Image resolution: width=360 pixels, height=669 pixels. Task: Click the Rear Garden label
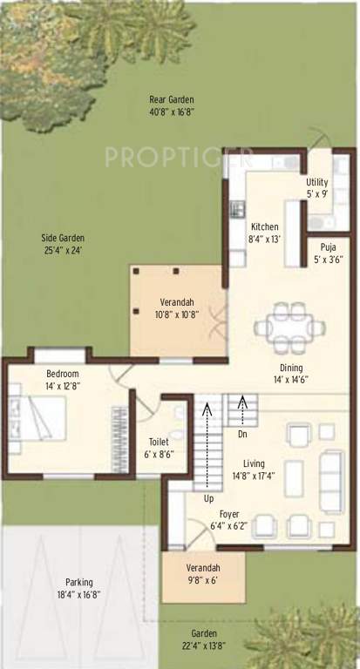pos(171,105)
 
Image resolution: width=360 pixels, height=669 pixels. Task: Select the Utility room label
pos(317,187)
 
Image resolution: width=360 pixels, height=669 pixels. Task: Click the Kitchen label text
pos(264,231)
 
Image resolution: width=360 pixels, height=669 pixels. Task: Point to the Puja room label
pos(328,252)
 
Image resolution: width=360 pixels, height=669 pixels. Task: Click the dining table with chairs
pos(292,328)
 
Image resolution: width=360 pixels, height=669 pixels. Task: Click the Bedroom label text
pos(63,379)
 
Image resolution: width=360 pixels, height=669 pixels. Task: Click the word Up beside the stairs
pos(208,499)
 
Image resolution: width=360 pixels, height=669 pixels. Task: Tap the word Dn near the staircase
pos(242,433)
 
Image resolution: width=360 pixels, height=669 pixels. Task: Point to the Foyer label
pos(229,520)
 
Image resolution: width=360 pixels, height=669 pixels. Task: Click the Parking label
pos(78,588)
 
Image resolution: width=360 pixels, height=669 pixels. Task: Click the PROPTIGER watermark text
pos(179,158)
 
